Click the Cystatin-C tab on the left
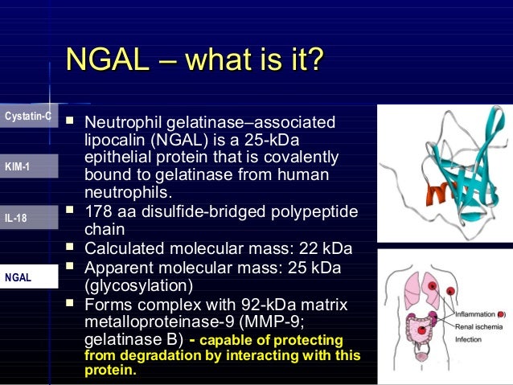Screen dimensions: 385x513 pos(28,117)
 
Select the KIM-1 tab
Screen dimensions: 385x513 pos(28,166)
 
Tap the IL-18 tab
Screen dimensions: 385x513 pos(28,216)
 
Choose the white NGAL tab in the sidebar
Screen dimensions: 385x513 pos(28,276)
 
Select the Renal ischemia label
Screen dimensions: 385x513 pos(475,328)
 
